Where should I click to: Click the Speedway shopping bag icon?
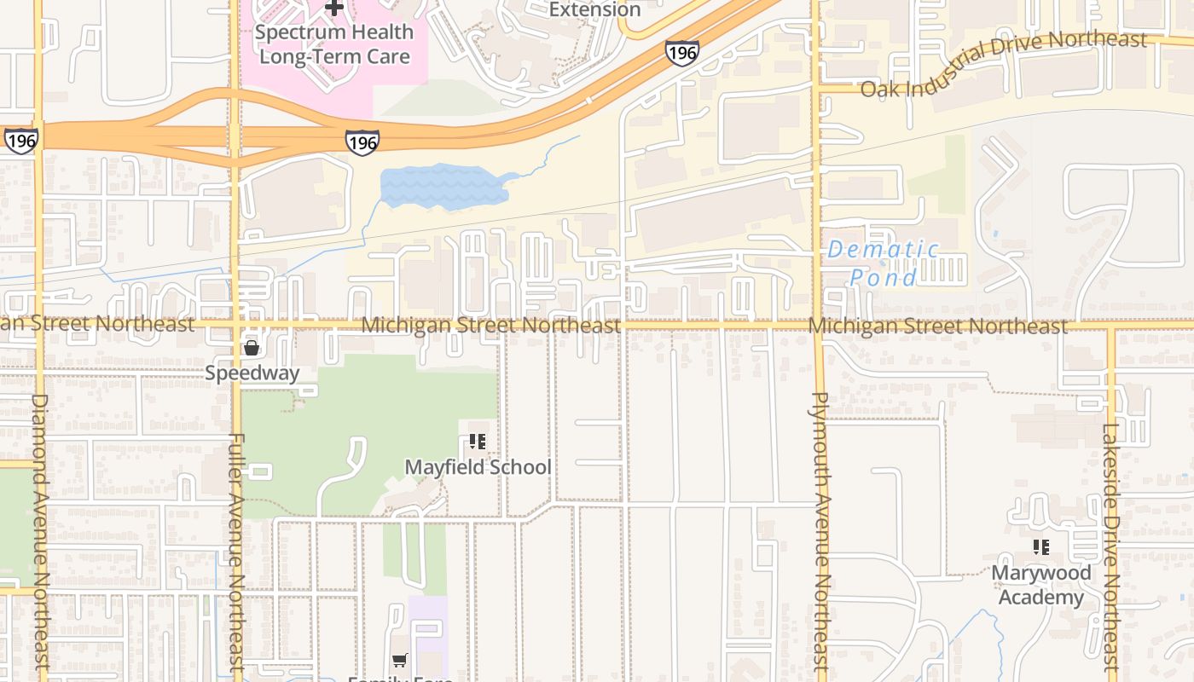pos(252,348)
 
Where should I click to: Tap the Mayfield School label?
pos(478,467)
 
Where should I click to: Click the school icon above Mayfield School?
pos(478,442)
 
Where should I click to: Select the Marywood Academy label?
pos(1040,585)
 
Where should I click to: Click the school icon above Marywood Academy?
pos(1040,547)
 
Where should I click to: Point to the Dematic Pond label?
pos(883,263)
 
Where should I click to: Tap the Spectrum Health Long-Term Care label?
pos(334,44)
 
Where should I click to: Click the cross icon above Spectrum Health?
pos(335,8)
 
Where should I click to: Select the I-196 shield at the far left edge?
pos(20,141)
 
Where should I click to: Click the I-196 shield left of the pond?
pos(362,142)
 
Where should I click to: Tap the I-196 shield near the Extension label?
pos(682,54)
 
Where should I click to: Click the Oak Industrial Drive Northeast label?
pos(1004,64)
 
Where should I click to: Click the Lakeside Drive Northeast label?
pos(1110,546)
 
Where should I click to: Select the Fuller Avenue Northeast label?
pos(237,554)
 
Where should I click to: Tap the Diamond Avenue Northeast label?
pos(40,533)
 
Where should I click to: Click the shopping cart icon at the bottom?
pos(399,660)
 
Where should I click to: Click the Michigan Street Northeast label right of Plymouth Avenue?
pos(937,327)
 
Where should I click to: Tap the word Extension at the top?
pos(594,9)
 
